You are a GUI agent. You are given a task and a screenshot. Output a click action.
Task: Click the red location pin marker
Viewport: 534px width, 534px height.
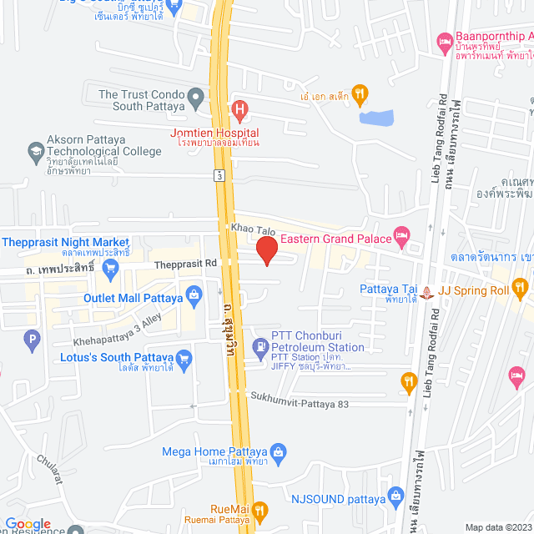(266, 250)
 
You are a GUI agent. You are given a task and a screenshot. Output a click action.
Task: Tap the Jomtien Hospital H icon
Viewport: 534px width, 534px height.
(240, 108)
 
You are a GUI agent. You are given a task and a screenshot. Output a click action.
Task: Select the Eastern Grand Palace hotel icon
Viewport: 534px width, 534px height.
(402, 239)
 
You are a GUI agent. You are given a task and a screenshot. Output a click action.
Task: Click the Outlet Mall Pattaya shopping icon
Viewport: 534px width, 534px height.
(194, 294)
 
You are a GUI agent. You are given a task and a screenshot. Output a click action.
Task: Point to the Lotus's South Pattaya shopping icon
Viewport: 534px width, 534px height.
(184, 358)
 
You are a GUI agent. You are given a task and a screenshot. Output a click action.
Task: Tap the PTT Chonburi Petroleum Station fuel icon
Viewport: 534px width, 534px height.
(262, 343)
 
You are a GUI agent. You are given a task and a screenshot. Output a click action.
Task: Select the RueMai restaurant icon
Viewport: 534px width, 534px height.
(260, 508)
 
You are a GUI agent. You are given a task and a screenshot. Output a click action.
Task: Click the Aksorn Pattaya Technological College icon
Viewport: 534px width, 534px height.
(35, 151)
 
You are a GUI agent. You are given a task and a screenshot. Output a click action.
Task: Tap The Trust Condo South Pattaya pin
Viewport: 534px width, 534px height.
(194, 98)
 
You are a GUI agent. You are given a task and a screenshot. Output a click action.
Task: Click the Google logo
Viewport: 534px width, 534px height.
(28, 524)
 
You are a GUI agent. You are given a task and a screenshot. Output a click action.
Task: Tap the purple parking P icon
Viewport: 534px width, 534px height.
(32, 339)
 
